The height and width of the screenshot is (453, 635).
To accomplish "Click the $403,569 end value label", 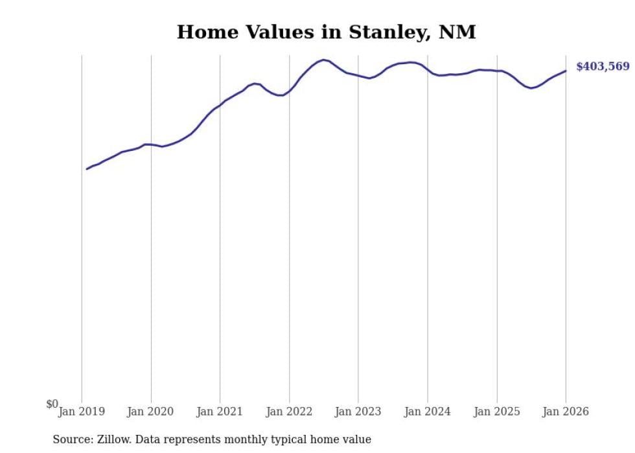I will [602, 67].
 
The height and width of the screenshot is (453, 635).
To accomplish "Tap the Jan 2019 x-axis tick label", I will [82, 412].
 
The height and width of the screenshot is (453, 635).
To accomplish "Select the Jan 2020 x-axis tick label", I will [151, 412].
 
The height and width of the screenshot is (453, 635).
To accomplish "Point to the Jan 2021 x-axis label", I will [220, 412].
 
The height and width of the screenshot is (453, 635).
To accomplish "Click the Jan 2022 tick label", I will [289, 412].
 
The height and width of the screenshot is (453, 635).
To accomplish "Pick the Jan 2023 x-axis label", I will [358, 412].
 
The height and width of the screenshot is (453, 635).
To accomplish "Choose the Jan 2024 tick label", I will [427, 412].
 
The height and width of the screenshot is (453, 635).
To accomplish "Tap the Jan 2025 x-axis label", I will [496, 412].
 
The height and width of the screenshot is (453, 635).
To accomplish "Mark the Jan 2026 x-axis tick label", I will [566, 412].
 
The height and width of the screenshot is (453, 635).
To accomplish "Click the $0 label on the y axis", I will [52, 404].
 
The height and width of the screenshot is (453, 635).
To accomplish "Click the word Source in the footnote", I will [72, 439].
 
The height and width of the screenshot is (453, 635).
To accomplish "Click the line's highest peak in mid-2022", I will [324, 60].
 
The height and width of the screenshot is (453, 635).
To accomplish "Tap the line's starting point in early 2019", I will [87, 169].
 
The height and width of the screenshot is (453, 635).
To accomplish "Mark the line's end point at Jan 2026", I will [566, 71].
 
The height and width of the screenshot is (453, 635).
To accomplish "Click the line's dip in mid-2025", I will [531, 87].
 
